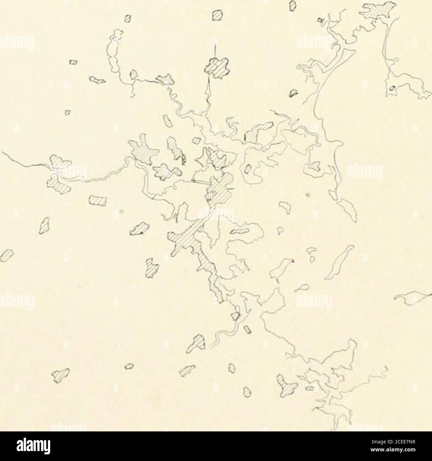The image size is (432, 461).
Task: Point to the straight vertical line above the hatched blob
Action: tap(215, 50)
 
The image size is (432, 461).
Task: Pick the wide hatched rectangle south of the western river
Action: tap(98, 201)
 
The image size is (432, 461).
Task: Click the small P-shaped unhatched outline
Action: tap(279, 230)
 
